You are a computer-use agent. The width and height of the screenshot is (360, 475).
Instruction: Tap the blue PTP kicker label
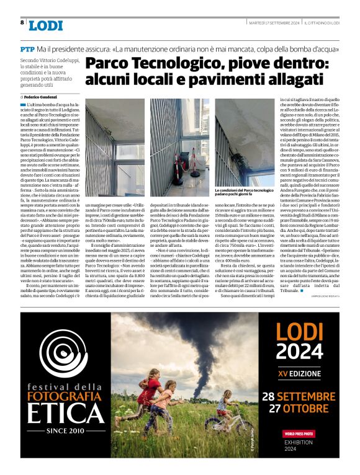pos(27,48)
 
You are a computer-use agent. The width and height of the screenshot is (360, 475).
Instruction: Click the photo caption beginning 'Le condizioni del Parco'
pos(244,192)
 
